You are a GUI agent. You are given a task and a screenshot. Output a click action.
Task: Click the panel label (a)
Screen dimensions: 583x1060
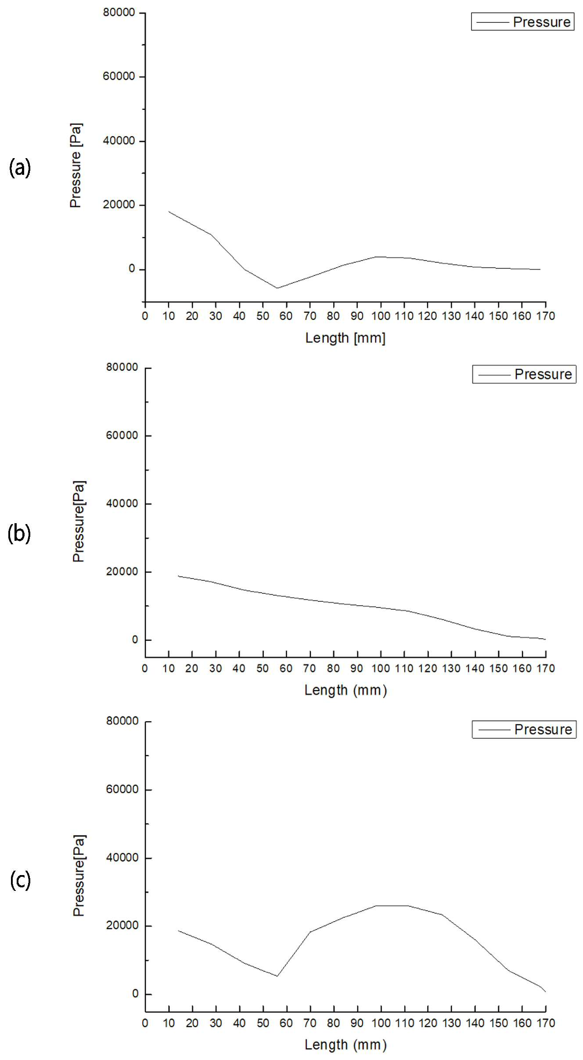click(20, 168)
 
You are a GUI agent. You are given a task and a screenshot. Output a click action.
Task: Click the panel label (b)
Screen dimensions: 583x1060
click(19, 534)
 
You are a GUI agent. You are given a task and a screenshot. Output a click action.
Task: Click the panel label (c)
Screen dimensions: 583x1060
click(20, 880)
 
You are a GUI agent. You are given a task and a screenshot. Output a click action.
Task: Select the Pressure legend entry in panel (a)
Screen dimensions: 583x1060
click(523, 22)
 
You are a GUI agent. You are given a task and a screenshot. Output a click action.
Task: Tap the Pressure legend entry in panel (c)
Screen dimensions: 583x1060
click(524, 729)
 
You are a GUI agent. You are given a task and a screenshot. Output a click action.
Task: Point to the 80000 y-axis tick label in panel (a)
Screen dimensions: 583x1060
click(119, 13)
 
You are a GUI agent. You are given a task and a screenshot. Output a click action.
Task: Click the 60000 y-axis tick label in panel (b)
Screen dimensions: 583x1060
click(122, 435)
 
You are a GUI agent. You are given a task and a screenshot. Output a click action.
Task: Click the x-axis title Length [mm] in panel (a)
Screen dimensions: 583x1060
click(345, 338)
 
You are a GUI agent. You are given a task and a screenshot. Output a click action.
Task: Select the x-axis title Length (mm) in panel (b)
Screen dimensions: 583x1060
click(346, 690)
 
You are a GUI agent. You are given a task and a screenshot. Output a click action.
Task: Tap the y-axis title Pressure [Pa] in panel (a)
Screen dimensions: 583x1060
click(76, 165)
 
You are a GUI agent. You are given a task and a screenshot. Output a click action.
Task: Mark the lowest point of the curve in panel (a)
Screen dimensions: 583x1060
click(277, 288)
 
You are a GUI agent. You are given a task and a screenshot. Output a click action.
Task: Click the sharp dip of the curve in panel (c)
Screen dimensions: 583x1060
click(277, 976)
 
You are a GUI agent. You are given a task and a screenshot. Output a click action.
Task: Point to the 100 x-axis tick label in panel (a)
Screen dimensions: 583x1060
click(381, 316)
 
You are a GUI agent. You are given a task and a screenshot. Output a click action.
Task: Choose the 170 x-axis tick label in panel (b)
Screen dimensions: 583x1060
click(546, 668)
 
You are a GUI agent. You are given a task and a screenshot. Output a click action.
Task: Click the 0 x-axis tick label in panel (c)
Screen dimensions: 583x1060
click(145, 1023)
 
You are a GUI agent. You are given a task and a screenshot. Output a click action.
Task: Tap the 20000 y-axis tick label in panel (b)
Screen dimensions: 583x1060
click(122, 572)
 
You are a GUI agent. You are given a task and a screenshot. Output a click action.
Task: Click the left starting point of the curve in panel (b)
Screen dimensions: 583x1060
click(178, 576)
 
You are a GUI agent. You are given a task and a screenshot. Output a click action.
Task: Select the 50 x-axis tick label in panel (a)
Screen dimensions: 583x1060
click(263, 316)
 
